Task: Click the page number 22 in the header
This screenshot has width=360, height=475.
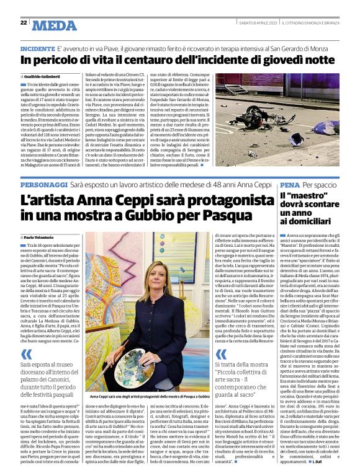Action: (24, 23)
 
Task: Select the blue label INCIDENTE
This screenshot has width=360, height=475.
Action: (37, 48)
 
